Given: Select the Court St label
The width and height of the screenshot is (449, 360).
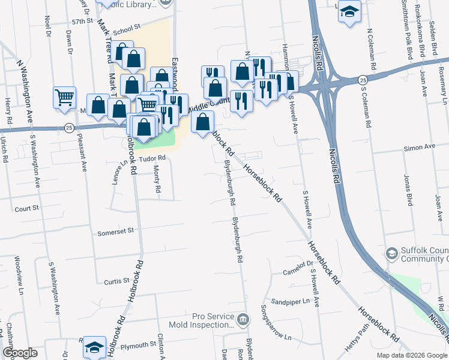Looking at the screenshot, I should pos(26,208).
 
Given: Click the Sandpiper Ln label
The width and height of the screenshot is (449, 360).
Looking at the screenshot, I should pos(289,301).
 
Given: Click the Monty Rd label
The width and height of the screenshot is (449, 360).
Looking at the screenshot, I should pos(157,179).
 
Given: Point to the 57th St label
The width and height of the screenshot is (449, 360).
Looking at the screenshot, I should pos(83,21).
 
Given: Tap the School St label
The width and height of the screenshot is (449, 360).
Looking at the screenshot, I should pos(126,28).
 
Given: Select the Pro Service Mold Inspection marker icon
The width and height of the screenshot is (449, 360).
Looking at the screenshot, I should pos(242,318).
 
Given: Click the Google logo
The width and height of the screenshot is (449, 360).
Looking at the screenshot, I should pos(20,353).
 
